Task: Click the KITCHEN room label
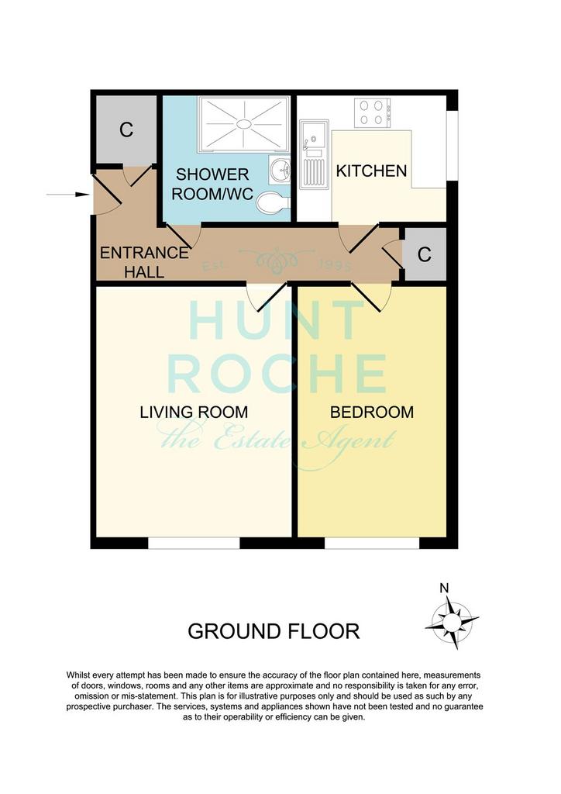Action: coord(371,171)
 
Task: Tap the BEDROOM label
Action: coord(372,413)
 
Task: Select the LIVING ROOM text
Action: coord(194,413)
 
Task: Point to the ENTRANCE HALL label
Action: coord(144,262)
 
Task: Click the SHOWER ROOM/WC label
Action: coord(212,184)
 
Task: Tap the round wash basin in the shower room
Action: coord(279,169)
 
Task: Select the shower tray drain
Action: coord(244,123)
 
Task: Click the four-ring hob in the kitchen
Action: coord(373,113)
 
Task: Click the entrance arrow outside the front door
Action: coord(67,195)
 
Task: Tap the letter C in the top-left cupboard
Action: coord(126,129)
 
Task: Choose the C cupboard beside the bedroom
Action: coord(425,254)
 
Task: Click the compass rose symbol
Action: coord(451,621)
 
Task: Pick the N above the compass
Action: coord(444,588)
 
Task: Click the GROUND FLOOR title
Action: coord(274,631)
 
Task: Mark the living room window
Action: coord(193,544)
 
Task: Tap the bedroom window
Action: coord(372,544)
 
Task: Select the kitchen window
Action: coord(453,145)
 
